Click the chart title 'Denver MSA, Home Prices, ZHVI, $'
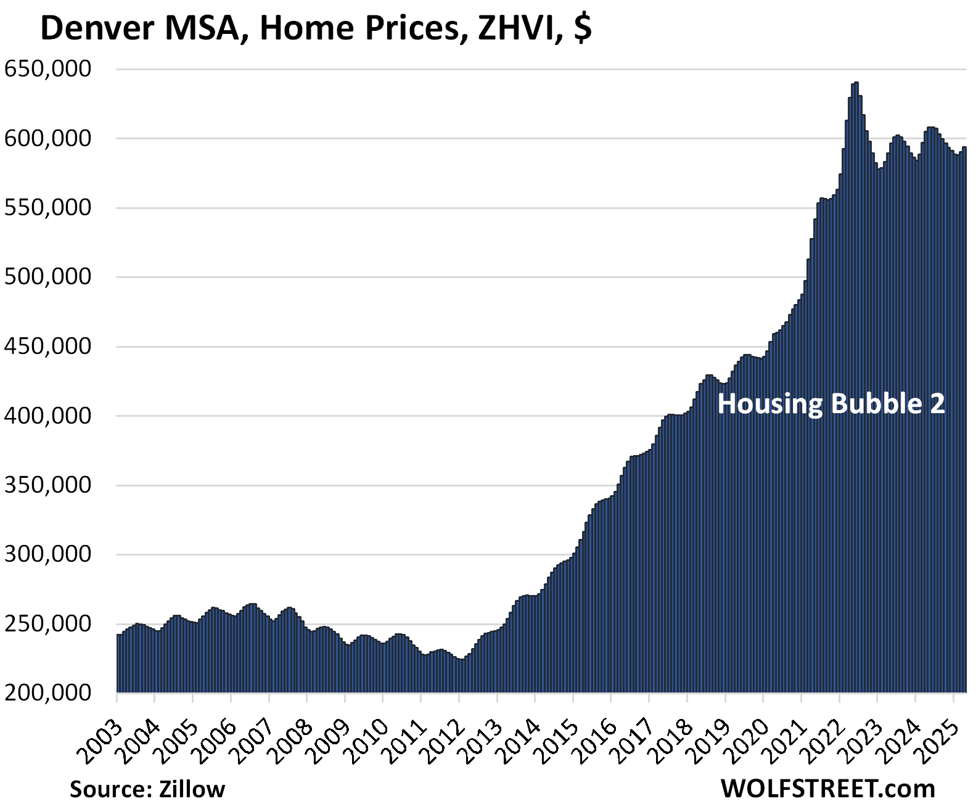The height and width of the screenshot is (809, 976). point(316,28)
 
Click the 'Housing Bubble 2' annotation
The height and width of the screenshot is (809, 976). point(831,404)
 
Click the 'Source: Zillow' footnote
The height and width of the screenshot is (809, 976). point(147,789)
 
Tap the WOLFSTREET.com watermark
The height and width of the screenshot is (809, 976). point(827,788)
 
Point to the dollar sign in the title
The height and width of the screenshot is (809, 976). point(582,28)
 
